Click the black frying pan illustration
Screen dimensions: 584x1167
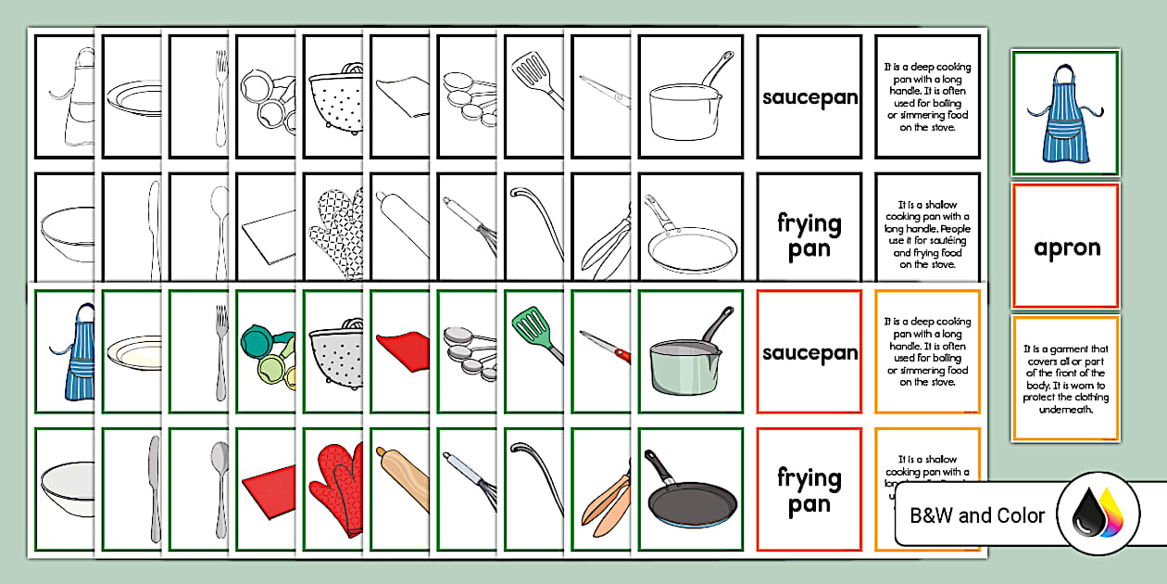(690, 491)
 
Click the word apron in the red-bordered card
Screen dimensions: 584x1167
(1066, 248)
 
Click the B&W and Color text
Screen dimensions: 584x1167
(976, 515)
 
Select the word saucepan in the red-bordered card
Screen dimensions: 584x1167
(809, 353)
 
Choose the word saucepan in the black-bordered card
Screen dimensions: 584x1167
(809, 97)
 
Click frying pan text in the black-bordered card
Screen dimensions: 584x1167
(809, 235)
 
